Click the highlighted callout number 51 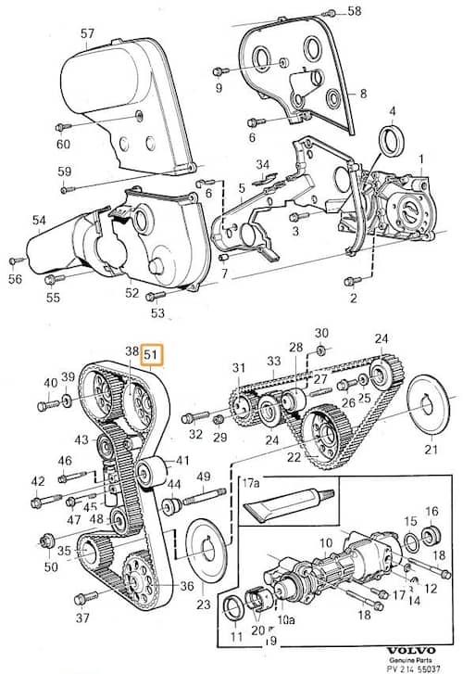click(x=152, y=355)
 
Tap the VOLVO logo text click(x=411, y=650)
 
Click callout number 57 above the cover click(x=87, y=33)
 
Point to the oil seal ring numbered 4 click(x=392, y=140)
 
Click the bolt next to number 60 click(x=63, y=127)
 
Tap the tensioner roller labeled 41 click(x=151, y=473)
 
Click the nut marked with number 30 click(x=320, y=350)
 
